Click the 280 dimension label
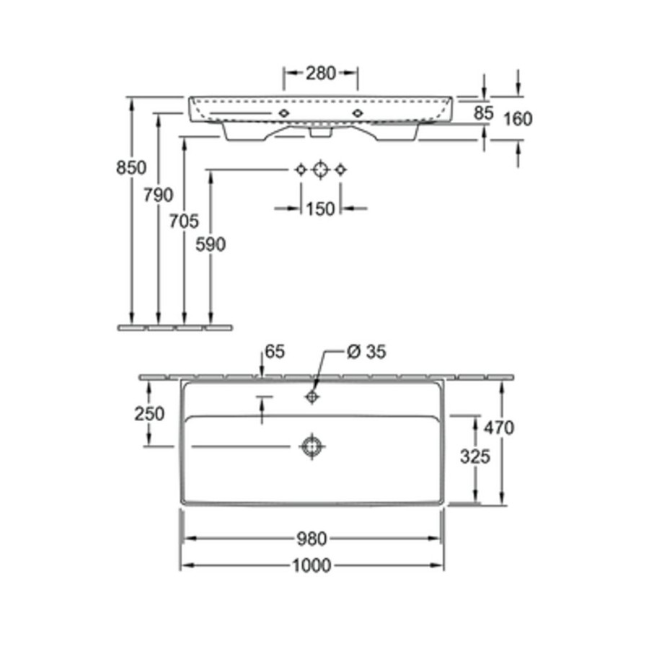point(320,74)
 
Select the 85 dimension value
point(483,113)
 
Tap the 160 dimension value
point(518,119)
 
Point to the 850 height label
point(131,167)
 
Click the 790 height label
point(158,195)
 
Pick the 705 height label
point(184,221)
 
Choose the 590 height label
point(211,244)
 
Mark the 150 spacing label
point(320,209)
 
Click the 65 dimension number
point(275,352)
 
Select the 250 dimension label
point(149,413)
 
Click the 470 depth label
point(499,428)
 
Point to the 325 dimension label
point(475,456)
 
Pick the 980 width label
point(312,539)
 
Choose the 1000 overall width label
point(312,565)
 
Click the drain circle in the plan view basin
point(312,446)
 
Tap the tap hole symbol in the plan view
point(312,397)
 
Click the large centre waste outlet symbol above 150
point(320,169)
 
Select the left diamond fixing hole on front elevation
point(283,112)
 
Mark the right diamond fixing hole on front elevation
point(357,112)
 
